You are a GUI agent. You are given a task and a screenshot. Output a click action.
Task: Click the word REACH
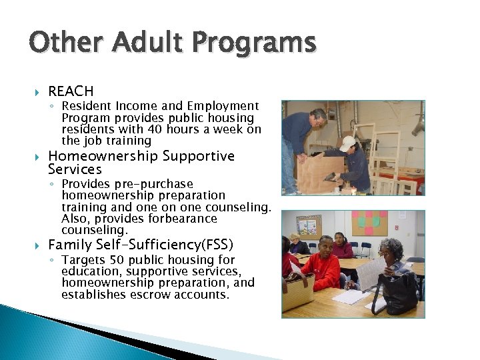tap(71, 91)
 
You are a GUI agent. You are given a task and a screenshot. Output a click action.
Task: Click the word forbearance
tap(185, 219)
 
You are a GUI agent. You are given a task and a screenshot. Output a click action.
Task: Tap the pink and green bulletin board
tap(369, 225)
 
